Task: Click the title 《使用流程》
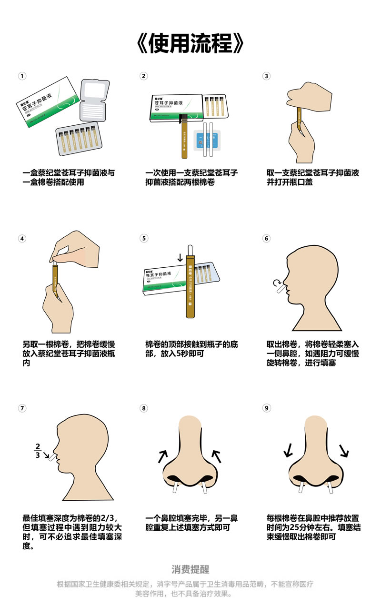(190, 44)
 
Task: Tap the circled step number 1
(22, 76)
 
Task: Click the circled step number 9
(266, 408)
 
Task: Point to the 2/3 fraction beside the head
(38, 450)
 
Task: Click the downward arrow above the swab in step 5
(180, 257)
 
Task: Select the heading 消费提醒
(190, 569)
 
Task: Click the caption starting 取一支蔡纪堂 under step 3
(312, 177)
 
